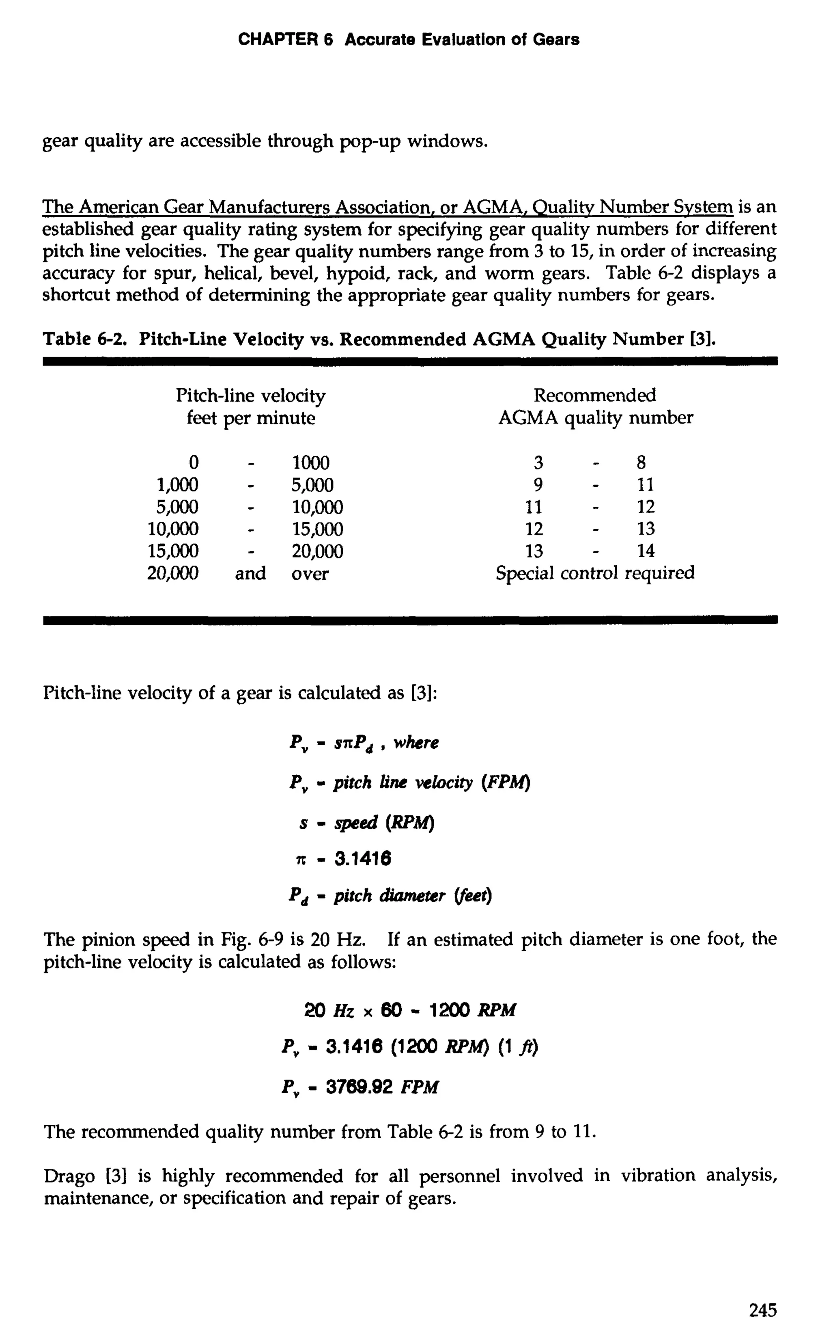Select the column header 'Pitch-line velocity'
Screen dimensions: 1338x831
251,396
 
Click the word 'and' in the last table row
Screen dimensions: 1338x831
251,574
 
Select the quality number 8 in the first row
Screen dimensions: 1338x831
642,463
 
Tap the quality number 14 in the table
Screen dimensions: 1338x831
646,551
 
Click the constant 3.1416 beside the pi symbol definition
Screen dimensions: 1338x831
363,858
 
